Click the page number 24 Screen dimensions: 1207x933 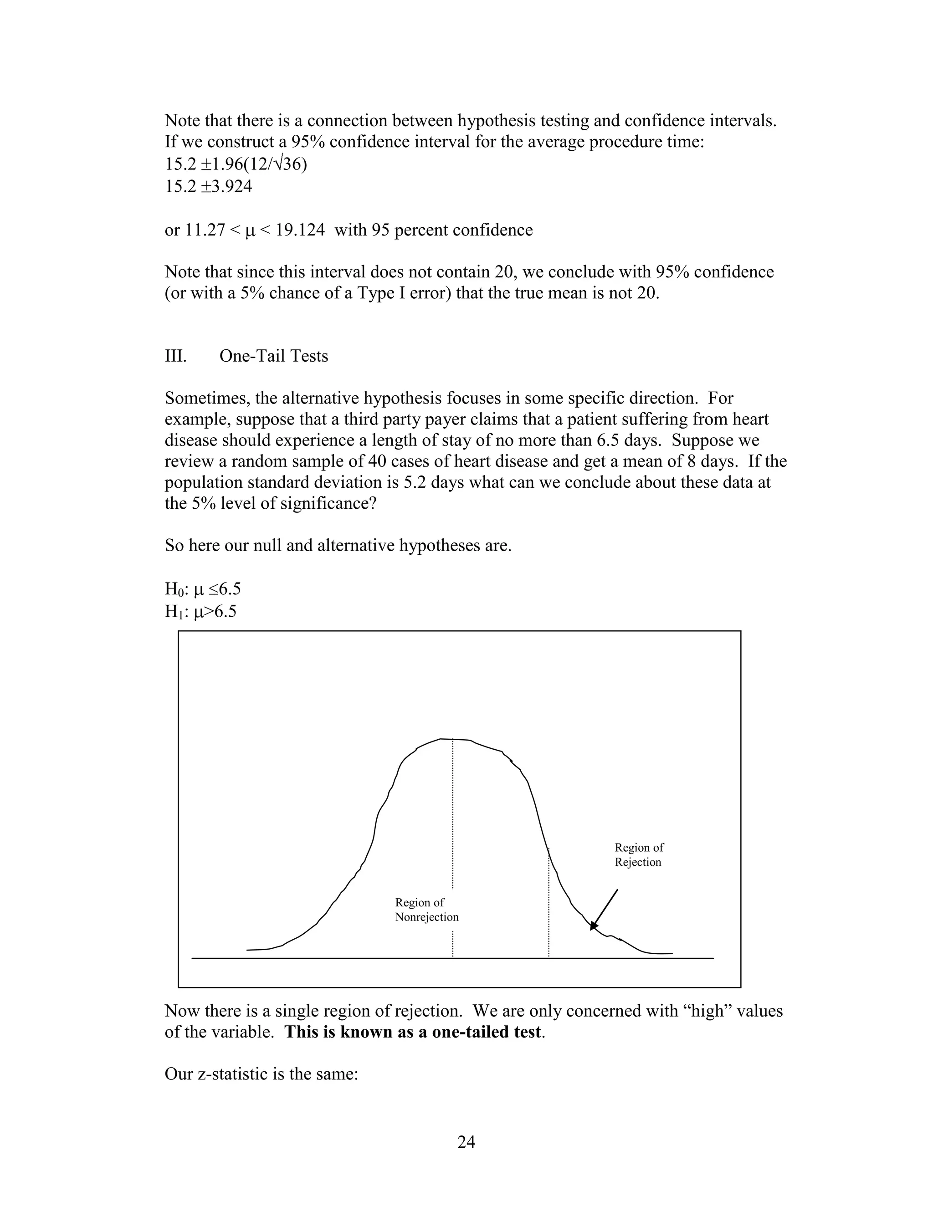[466, 1141]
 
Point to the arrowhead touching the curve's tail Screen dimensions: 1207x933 [594, 926]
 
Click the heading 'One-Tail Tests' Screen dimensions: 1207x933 [274, 356]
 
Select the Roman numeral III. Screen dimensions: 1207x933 [176, 356]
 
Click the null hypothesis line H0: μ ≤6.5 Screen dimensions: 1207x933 [203, 589]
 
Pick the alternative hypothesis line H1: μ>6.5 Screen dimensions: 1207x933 [200, 611]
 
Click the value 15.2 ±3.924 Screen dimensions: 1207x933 [208, 187]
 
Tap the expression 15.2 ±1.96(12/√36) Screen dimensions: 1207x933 [236, 165]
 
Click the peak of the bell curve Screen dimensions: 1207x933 [453, 739]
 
